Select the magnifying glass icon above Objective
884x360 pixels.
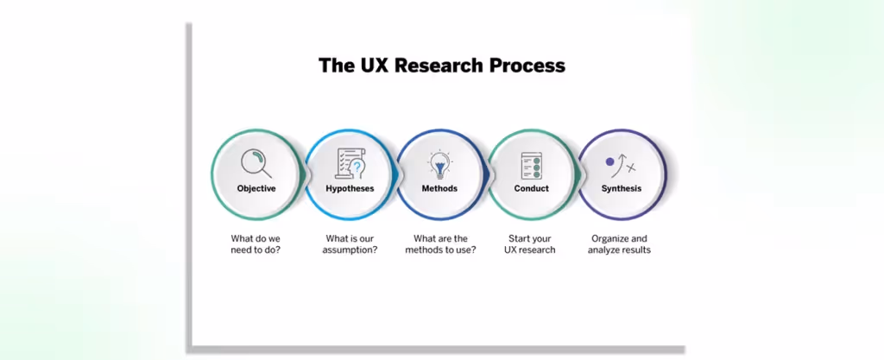256,162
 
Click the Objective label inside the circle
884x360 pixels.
256,188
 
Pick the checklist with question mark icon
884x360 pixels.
350,162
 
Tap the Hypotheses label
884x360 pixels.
350,188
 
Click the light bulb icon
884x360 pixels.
439,162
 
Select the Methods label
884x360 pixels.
439,188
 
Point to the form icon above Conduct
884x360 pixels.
531,164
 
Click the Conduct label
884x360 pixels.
531,188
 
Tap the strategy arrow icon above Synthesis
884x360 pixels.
621,164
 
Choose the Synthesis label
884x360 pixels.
621,188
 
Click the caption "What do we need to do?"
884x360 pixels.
256,244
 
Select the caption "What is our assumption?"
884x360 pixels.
350,244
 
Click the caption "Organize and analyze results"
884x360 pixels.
620,244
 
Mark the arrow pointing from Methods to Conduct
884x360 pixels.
488,175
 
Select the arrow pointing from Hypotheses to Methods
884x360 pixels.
396,175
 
